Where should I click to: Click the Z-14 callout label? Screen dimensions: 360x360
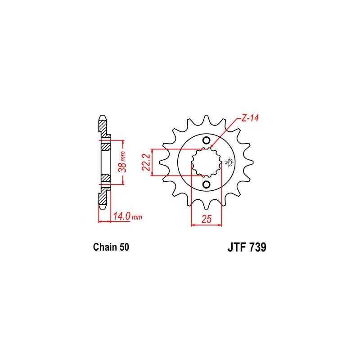click(250, 118)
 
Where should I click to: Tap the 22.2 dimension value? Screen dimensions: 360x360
click(146, 162)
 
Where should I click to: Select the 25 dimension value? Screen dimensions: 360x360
click(207, 219)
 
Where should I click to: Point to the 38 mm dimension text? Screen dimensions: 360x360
click(122, 162)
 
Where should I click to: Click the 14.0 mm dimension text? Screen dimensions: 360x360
click(128, 216)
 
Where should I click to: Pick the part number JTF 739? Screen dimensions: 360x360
click(247, 247)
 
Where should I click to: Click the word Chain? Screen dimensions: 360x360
click(105, 247)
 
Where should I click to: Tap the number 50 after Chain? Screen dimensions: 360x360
click(124, 247)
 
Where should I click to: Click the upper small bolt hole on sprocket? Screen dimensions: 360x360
click(206, 140)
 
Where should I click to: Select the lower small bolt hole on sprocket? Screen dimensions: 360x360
click(206, 184)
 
